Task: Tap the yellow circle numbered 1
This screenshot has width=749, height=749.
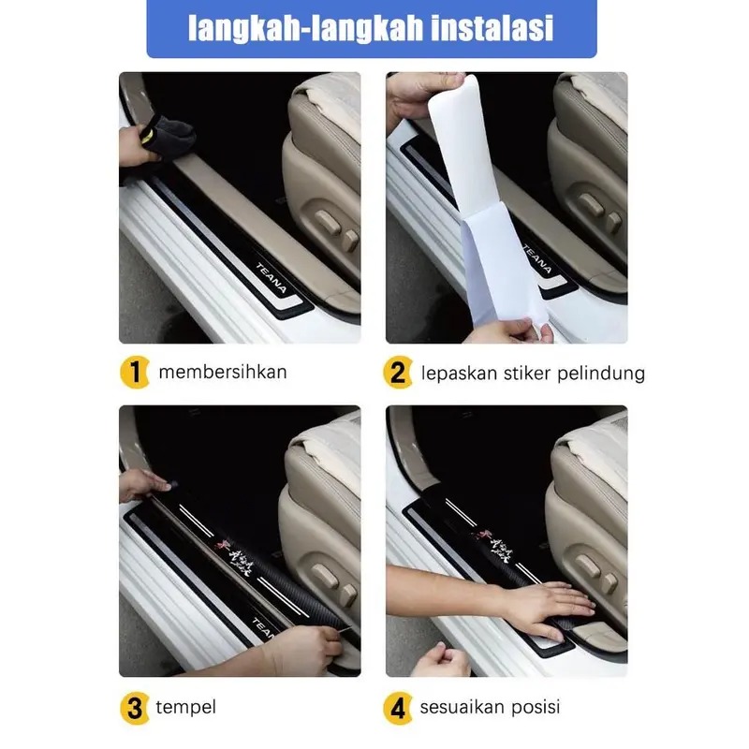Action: pos(135,373)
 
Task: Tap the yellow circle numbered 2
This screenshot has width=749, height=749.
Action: pos(399,374)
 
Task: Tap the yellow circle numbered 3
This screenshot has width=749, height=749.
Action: pos(135,707)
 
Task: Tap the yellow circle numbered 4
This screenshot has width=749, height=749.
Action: pos(399,707)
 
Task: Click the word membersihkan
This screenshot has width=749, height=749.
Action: pos(223,372)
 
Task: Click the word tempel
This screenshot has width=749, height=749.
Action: pos(187,707)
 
